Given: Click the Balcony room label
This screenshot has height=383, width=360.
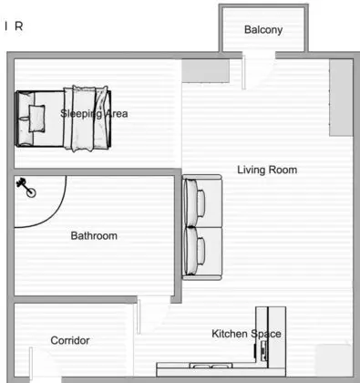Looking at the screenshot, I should [263, 30].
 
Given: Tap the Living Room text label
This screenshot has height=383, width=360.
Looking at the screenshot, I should [267, 170].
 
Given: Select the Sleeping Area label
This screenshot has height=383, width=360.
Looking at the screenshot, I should [94, 114].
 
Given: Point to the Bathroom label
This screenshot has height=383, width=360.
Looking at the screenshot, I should [94, 236].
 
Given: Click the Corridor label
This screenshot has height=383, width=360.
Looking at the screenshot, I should [69, 340].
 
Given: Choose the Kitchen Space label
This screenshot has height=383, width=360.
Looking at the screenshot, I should [246, 334].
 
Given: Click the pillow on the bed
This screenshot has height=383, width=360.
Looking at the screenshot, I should [36, 116].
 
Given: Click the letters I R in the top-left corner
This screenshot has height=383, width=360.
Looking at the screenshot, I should [14, 26].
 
